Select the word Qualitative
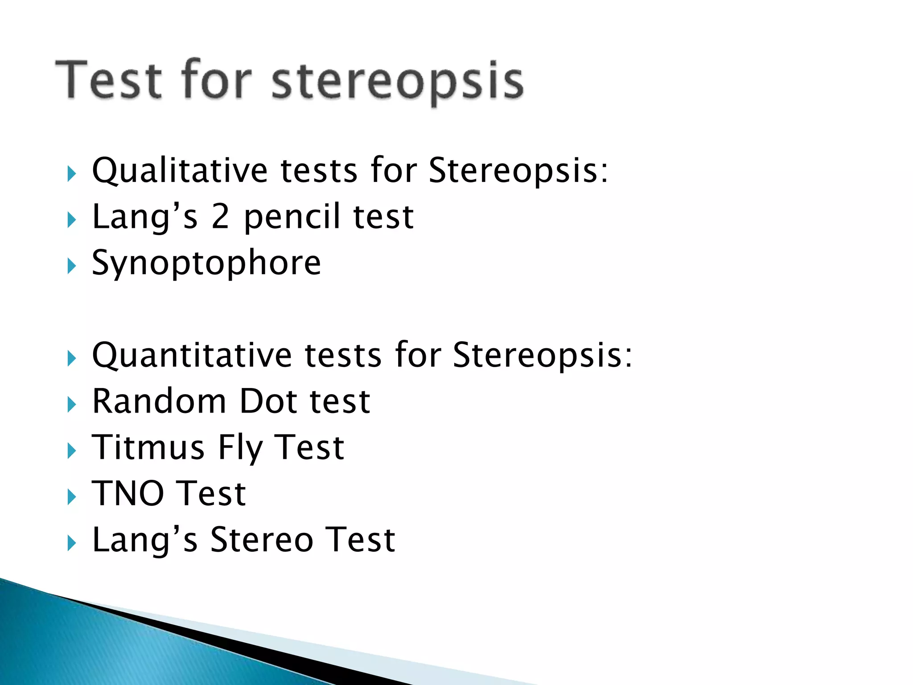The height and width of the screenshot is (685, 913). click(x=179, y=171)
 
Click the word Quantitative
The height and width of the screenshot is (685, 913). click(x=192, y=356)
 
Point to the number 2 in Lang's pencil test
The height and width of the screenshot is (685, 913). click(x=220, y=217)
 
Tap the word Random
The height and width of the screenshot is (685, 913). click(x=159, y=401)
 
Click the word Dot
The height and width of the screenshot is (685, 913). click(x=268, y=401)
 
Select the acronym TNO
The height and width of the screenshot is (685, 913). click(x=128, y=494)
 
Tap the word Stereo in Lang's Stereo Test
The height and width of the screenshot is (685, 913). click(x=262, y=540)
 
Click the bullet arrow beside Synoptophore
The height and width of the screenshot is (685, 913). click(x=71, y=266)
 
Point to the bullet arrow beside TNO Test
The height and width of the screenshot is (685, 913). click(x=71, y=497)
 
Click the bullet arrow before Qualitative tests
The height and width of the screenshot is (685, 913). click(x=71, y=174)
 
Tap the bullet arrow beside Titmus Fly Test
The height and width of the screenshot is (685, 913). click(x=71, y=451)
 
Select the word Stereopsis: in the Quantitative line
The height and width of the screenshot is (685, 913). click(x=542, y=356)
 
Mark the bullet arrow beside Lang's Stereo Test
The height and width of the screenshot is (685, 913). click(x=71, y=543)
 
